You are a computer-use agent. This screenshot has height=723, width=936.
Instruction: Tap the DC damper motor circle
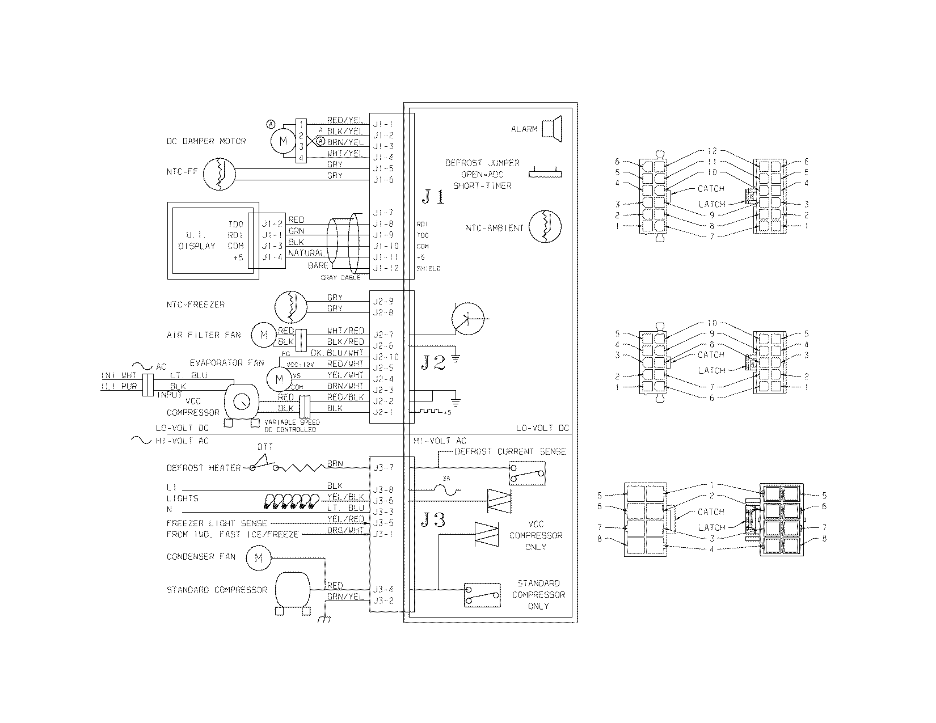[282, 141]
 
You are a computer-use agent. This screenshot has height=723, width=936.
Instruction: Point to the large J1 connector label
[433, 197]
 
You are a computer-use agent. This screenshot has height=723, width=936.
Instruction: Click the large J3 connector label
[433, 520]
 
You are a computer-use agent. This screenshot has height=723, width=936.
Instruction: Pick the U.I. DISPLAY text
[197, 240]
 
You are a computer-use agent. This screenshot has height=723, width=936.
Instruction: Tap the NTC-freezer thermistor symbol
[290, 307]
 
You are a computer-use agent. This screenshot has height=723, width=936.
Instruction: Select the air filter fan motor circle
[263, 335]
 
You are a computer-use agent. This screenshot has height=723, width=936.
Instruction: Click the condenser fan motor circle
[258, 557]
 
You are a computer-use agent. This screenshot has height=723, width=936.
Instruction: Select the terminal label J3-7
[383, 468]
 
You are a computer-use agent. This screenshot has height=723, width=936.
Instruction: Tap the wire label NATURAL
[307, 252]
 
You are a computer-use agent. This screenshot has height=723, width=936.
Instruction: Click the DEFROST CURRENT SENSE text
[510, 452]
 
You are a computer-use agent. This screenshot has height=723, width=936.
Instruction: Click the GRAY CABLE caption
[340, 278]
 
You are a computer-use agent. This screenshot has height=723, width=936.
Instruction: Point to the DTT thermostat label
[265, 447]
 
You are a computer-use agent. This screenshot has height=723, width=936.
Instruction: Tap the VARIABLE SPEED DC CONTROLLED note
[292, 426]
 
